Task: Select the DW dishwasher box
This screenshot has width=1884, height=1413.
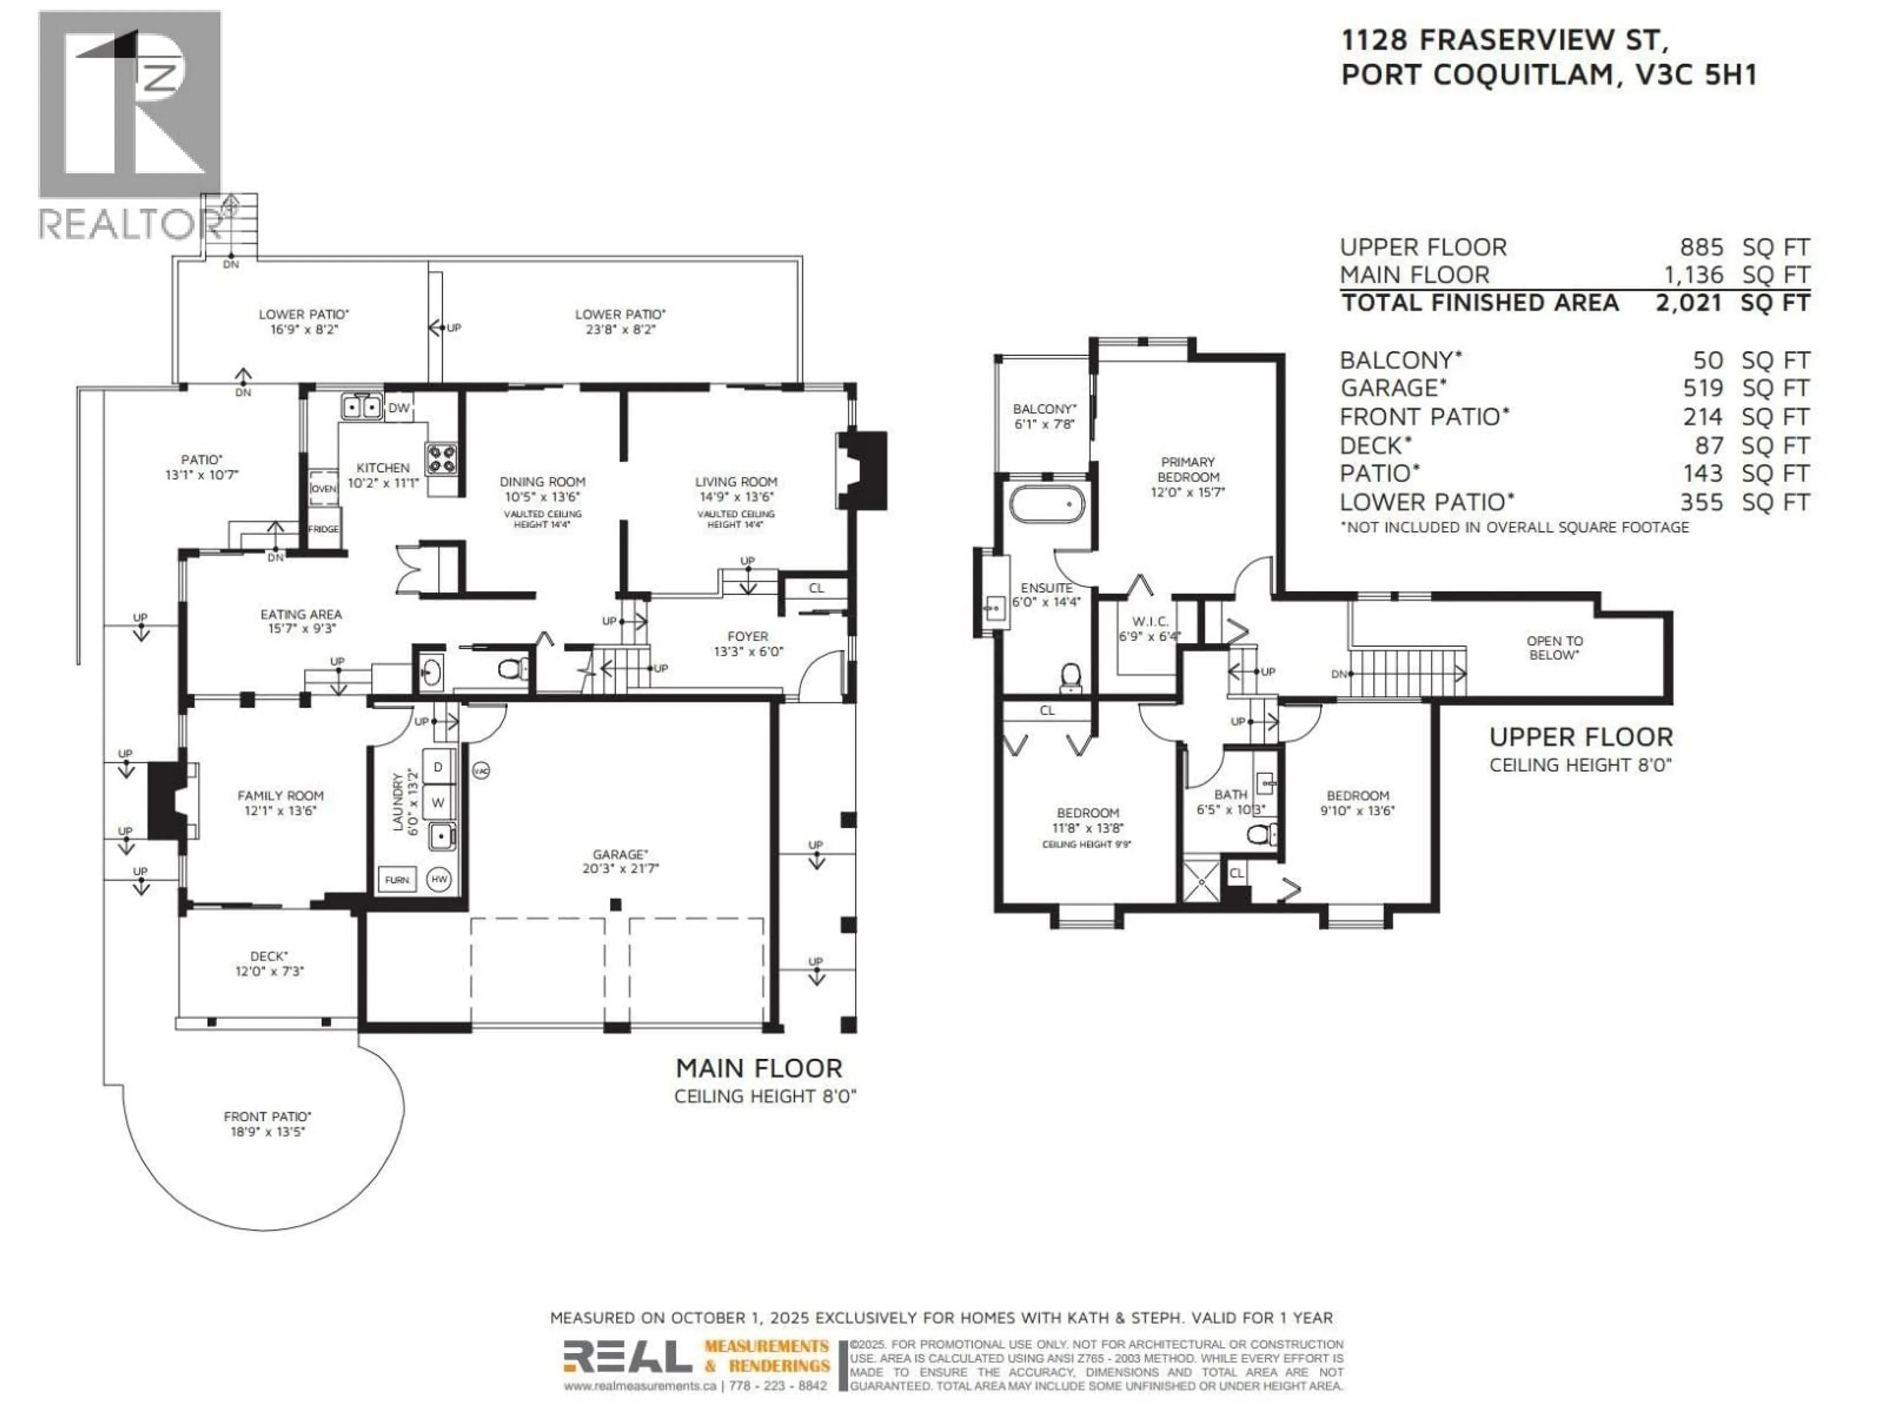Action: pyautogui.click(x=398, y=409)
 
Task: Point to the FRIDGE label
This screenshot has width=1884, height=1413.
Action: pyautogui.click(x=324, y=529)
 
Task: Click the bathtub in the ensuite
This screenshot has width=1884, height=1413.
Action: pyautogui.click(x=1047, y=504)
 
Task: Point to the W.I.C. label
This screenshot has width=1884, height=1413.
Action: pyautogui.click(x=1150, y=621)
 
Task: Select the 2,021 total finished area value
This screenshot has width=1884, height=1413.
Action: pyautogui.click(x=1689, y=303)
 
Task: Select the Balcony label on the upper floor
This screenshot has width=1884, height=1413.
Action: pyautogui.click(x=1044, y=410)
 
